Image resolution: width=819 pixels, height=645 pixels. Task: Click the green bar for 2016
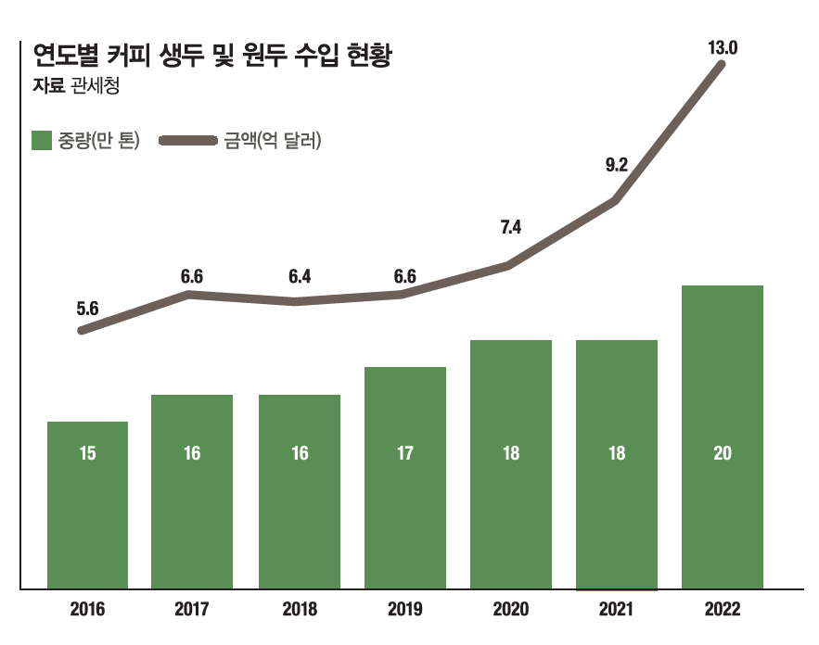click(x=87, y=505)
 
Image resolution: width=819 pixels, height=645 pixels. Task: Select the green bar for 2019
click(x=404, y=477)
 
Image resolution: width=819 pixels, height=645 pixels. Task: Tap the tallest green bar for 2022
click(x=722, y=436)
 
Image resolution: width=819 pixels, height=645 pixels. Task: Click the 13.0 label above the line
click(x=722, y=47)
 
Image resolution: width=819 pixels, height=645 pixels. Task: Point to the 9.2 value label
click(x=617, y=166)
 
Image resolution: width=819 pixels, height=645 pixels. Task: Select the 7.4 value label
click(x=511, y=227)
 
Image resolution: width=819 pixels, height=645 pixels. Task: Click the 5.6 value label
click(x=87, y=309)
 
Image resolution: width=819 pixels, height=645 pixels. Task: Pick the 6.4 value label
click(x=299, y=276)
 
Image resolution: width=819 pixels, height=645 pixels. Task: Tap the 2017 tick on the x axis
click(x=192, y=610)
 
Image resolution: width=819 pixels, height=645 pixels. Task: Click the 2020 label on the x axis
click(x=511, y=610)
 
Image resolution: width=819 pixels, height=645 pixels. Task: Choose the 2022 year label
click(x=722, y=610)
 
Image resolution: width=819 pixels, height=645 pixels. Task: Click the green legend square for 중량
click(x=42, y=141)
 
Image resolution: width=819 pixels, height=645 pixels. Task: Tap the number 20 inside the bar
click(x=722, y=454)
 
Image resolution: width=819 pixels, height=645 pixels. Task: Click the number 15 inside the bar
click(x=87, y=454)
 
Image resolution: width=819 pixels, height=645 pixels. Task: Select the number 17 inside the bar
click(x=404, y=454)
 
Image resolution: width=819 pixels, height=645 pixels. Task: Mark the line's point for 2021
click(x=614, y=200)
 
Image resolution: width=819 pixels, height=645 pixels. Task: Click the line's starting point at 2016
click(x=83, y=330)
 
